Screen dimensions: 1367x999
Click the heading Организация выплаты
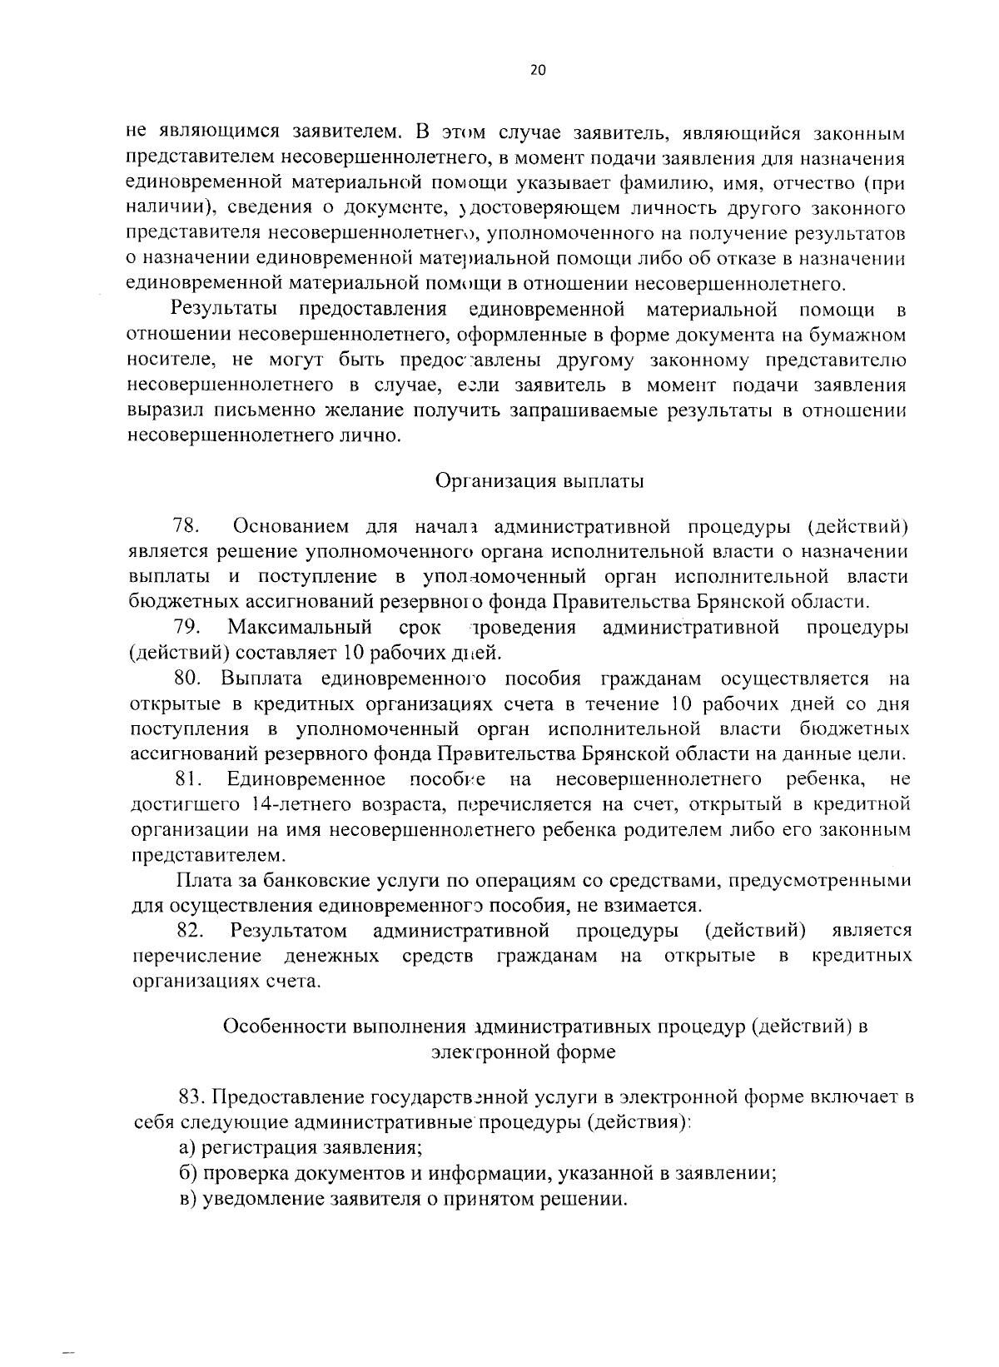tap(539, 481)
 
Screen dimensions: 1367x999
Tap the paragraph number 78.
tap(184, 526)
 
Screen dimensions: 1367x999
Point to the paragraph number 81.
tap(190, 779)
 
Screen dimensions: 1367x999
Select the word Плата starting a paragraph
tap(201, 880)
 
